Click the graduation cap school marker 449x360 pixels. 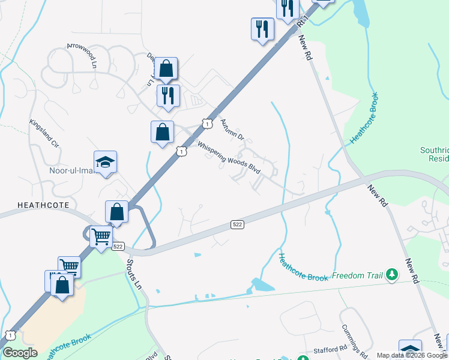[x=106, y=162]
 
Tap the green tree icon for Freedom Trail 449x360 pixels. [x=392, y=275]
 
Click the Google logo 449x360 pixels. [x=19, y=353]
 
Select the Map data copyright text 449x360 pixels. [x=412, y=355]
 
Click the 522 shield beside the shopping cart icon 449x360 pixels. [x=118, y=247]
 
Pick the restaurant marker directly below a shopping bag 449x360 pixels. [x=167, y=96]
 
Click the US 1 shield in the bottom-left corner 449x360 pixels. [x=9, y=335]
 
